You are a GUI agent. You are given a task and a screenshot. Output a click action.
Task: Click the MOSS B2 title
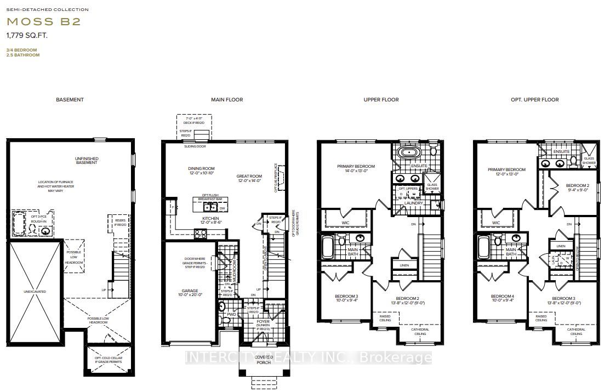44,22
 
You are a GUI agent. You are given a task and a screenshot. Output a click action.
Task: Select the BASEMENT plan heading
70,100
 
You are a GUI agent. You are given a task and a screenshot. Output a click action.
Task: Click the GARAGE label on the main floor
191,291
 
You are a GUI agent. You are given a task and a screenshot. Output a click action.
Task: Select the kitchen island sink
209,207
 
